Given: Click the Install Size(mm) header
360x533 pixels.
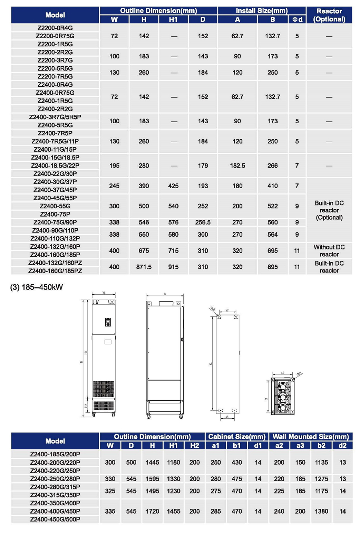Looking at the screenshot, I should point(262,11).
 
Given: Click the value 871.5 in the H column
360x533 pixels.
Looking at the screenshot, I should point(144,267).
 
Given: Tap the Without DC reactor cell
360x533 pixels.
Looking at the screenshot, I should point(329,251).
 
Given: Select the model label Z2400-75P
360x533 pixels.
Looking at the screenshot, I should point(55,214).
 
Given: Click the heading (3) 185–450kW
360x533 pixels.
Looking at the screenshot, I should point(37,287).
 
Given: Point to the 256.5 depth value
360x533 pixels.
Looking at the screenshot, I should point(203,222).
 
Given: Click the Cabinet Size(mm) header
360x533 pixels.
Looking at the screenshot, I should point(237,437).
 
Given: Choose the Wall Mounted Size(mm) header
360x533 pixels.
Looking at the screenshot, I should point(311,437).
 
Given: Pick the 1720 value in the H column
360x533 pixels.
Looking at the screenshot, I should point(152,511).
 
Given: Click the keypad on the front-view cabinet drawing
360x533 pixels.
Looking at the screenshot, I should point(108,322).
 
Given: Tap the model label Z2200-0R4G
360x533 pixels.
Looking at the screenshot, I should point(55,28).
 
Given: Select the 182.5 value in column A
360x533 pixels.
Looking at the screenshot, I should point(237,166).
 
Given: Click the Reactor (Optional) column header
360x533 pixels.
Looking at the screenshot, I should point(329,15).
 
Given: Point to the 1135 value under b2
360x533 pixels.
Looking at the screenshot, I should point(321,463).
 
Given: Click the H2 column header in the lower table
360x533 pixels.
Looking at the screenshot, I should point(195,446).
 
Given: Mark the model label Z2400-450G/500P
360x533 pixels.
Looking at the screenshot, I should point(55,520).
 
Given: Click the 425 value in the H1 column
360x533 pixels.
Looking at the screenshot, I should point(173,186).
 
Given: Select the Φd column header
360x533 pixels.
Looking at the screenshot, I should point(297,20).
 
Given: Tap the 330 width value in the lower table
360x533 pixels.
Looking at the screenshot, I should point(110,479).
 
